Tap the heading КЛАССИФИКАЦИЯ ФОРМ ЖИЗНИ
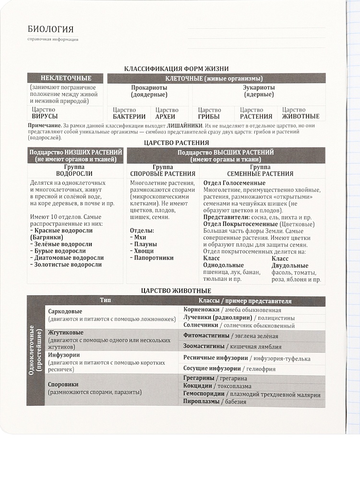point(176,69)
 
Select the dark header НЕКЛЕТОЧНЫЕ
point(66,78)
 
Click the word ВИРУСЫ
point(45,116)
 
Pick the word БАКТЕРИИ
point(129,116)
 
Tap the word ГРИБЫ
point(209,116)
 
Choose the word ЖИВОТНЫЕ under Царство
point(300,116)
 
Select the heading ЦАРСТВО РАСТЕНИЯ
point(177,143)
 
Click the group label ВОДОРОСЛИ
point(74,173)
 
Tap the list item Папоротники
point(154,258)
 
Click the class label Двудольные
point(289,265)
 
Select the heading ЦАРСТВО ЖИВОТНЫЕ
point(177,290)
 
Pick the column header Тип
point(106,300)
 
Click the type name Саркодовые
point(65,311)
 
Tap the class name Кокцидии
point(200,385)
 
